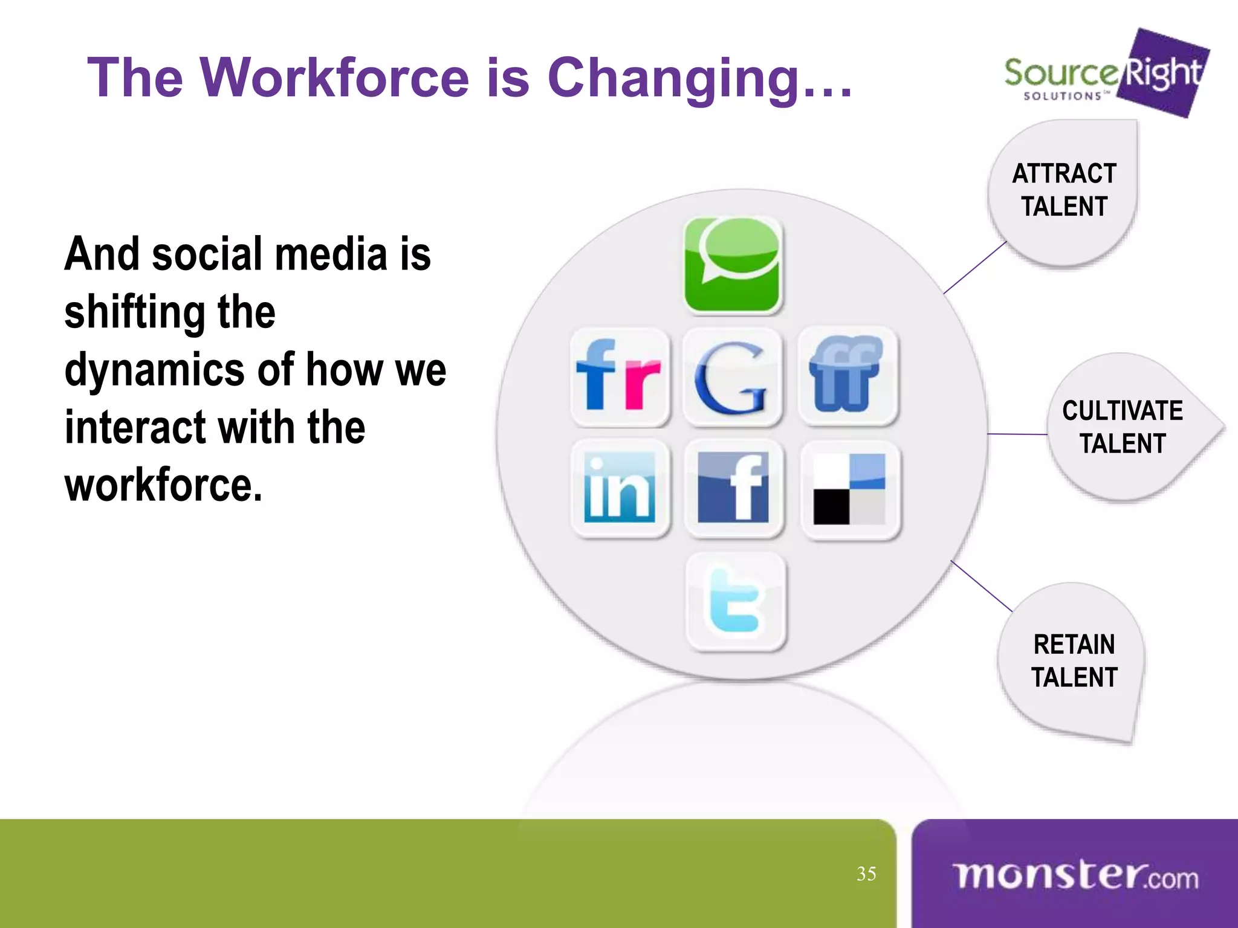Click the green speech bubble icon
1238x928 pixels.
tap(733, 265)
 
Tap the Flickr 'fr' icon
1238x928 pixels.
tap(620, 376)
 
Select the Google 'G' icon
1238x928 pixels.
tap(732, 376)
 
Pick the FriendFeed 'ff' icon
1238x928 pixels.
tap(847, 375)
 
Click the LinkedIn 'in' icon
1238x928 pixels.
tap(620, 488)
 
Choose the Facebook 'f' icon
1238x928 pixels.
tap(733, 488)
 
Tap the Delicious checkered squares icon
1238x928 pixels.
tap(849, 489)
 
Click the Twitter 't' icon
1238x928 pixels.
tap(736, 601)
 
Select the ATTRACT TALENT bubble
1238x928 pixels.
tap(1064, 191)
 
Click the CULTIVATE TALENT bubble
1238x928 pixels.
tap(1123, 427)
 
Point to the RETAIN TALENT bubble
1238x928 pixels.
tap(1074, 660)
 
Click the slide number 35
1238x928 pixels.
tap(866, 874)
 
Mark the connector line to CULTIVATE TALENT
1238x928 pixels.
tap(1017, 434)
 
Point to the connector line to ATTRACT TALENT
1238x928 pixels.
tap(974, 268)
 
